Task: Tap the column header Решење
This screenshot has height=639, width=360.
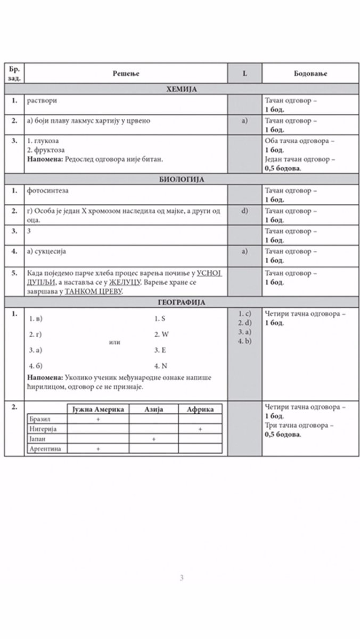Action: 126,73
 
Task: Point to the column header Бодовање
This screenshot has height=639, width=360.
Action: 310,73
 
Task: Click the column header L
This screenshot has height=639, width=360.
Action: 244,73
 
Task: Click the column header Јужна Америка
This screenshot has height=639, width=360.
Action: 99,409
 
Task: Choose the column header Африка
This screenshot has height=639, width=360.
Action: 200,409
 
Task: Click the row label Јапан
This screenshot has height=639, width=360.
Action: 39,439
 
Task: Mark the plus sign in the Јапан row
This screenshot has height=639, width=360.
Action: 153,439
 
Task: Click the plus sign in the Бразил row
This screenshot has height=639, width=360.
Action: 99,419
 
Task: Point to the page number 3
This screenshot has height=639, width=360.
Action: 182,578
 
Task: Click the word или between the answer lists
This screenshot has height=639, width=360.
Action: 114,342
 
